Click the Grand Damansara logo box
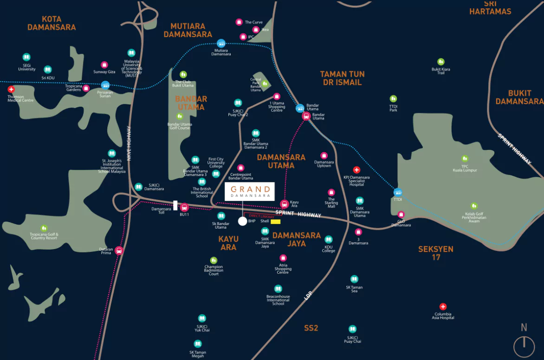[x=250, y=191]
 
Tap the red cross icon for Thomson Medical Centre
[x=12, y=89]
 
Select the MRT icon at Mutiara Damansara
[x=221, y=43]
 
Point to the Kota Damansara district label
[x=52, y=23]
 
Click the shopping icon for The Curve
[x=239, y=22]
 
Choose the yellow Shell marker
[x=276, y=222]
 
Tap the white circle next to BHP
[x=242, y=221]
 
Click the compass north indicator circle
[x=524, y=346]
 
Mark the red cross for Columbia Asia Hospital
[x=443, y=307]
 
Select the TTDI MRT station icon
[x=398, y=192]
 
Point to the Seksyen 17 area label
[x=435, y=253]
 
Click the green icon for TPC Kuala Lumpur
[x=465, y=159]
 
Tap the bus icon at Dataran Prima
[x=119, y=251]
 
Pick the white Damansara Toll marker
[x=175, y=205]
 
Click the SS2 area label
[x=311, y=328]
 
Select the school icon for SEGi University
[x=26, y=57]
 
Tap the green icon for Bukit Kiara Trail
[x=440, y=62]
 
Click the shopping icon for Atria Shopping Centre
[x=283, y=258]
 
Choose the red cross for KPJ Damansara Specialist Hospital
[x=356, y=170]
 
